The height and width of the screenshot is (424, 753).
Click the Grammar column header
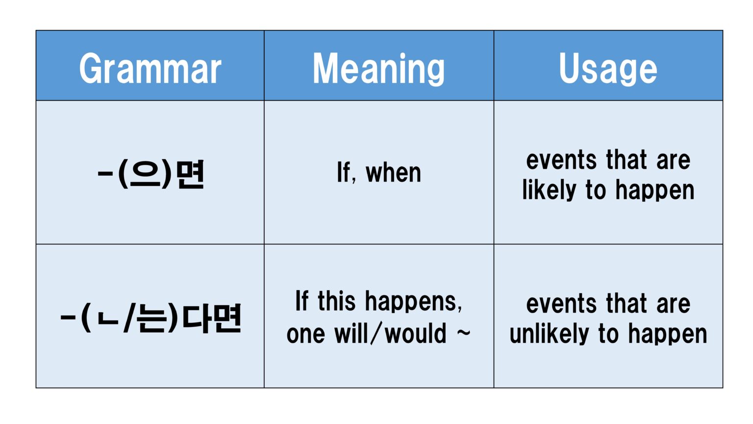click(150, 69)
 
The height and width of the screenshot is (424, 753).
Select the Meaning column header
click(378, 69)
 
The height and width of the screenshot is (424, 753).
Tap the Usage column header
click(608, 69)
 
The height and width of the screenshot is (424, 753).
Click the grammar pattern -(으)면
click(151, 174)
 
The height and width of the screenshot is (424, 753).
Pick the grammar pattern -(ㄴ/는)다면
click(151, 318)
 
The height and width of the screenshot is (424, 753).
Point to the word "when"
click(393, 173)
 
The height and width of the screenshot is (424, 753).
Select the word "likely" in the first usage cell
click(549, 190)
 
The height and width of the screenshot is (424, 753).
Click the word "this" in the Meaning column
click(336, 301)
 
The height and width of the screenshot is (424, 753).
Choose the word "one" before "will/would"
click(305, 334)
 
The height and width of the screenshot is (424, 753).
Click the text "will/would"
click(390, 334)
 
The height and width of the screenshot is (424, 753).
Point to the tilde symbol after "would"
click(463, 333)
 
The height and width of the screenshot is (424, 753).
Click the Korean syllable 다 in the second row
click(196, 318)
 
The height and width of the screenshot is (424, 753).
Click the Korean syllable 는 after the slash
click(152, 318)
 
